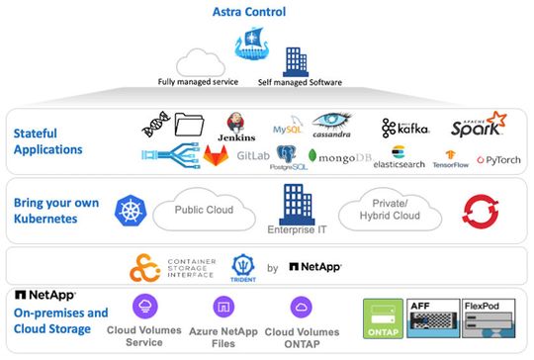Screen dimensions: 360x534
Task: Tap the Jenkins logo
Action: point(235,127)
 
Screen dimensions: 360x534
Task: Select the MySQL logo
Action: point(288,129)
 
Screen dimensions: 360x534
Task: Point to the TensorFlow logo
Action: point(449,158)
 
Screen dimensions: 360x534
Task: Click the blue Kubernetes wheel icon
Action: point(130,210)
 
